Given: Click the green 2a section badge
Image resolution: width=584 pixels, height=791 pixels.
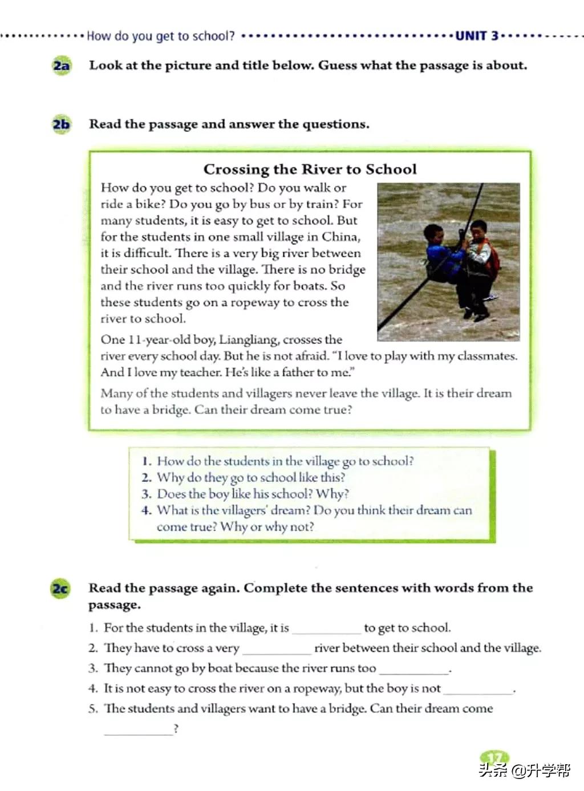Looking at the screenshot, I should pos(61,66).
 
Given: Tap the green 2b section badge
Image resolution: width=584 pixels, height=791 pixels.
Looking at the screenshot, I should pos(61,124).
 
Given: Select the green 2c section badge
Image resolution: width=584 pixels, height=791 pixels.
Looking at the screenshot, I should pos(60,588).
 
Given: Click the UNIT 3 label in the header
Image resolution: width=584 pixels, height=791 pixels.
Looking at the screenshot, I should pos(477,36).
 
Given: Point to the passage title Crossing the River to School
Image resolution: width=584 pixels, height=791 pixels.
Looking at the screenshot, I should pos(310,169).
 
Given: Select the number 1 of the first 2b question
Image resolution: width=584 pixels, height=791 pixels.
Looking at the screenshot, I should pos(147,461).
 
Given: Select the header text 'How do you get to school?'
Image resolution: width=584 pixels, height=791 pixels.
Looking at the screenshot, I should pos(160,36).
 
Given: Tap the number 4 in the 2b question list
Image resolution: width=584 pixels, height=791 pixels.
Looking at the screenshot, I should pos(145,510).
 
